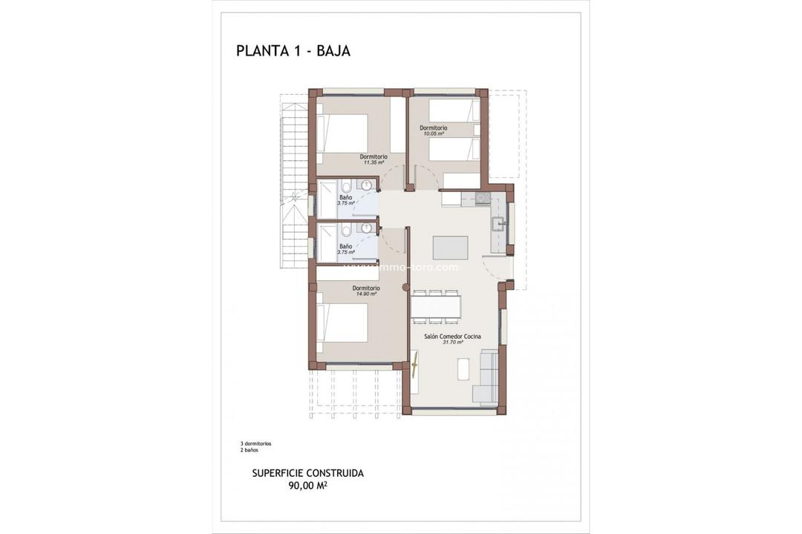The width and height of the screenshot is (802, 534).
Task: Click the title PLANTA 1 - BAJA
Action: click(293, 50)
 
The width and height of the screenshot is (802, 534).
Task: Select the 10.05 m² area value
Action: click(433, 134)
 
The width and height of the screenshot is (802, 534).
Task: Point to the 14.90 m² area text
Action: click(366, 294)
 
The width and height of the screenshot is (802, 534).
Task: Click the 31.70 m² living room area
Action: click(452, 343)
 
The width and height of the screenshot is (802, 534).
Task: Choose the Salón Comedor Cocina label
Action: click(452, 336)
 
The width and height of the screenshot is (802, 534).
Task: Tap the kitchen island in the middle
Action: click(451, 246)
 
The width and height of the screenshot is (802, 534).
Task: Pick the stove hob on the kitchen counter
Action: click(483, 198)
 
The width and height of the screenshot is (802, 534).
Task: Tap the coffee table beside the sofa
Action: click(463, 369)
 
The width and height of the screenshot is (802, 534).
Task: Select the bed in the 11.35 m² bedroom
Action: click(343, 133)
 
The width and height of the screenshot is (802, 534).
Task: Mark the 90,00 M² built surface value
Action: click(308, 486)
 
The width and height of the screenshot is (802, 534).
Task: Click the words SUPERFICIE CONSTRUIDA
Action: click(308, 472)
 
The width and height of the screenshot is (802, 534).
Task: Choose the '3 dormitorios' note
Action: click(251, 444)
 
